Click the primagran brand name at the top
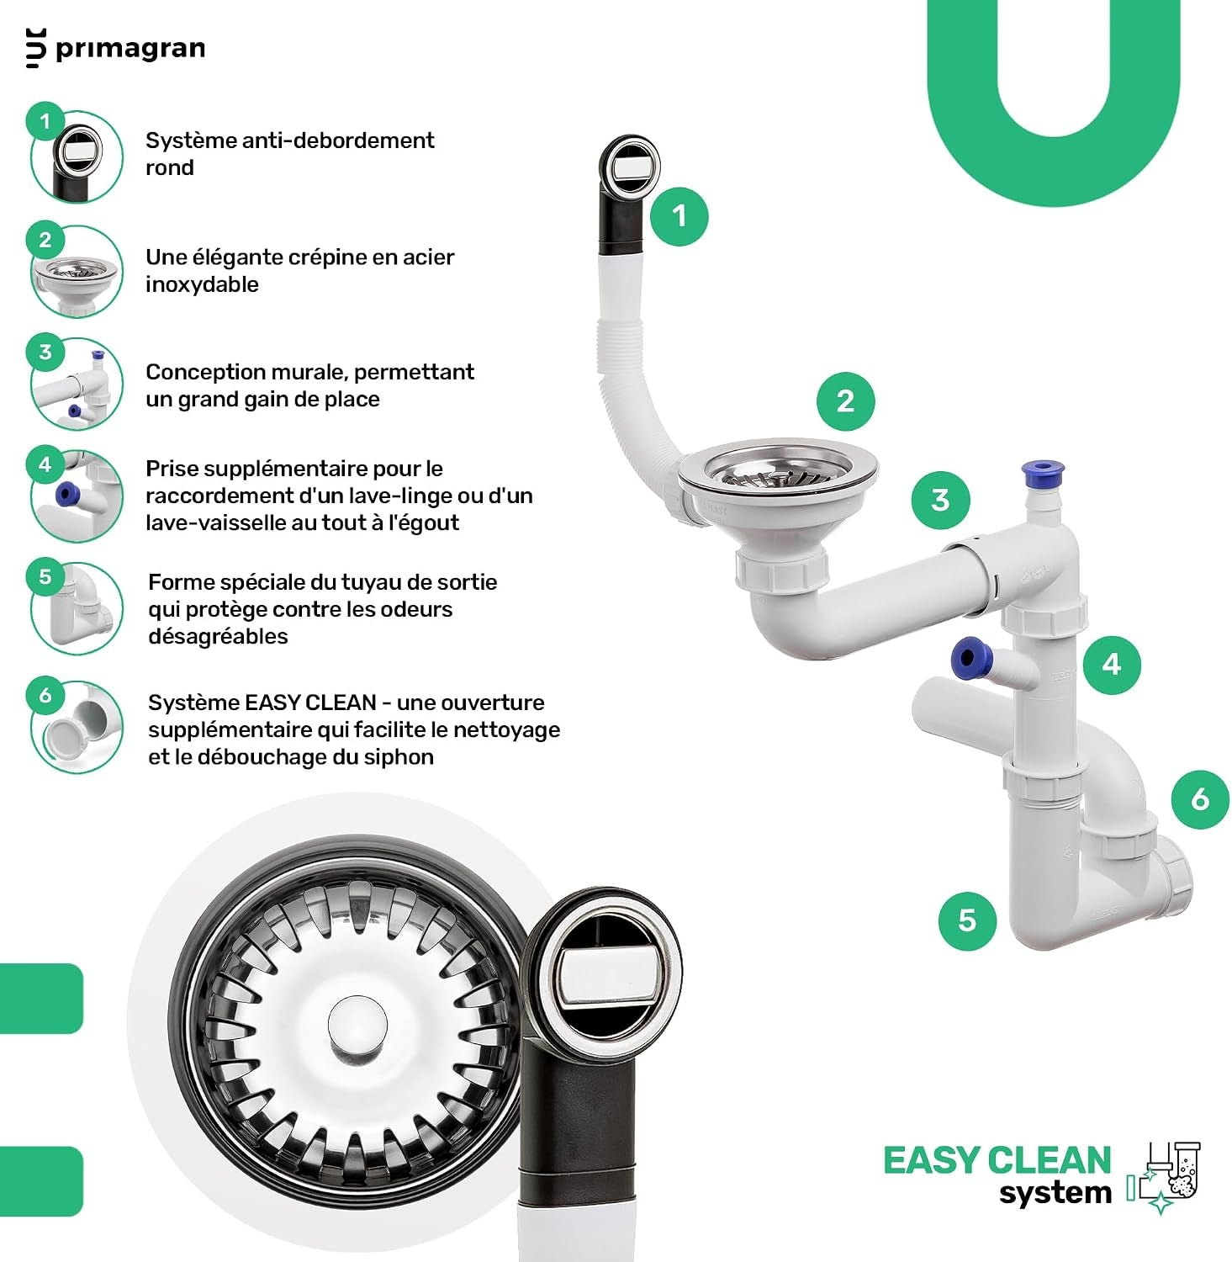click(130, 49)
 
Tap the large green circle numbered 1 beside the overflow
click(679, 216)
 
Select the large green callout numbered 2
click(845, 401)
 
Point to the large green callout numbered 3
click(940, 500)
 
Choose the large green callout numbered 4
click(1112, 665)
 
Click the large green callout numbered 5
click(967, 920)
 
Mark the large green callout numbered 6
click(1200, 798)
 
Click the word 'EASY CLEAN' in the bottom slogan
click(997, 1160)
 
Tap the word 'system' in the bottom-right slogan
click(1055, 1193)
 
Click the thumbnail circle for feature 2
click(77, 271)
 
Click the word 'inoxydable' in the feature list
click(202, 284)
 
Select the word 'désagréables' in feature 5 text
click(218, 637)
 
